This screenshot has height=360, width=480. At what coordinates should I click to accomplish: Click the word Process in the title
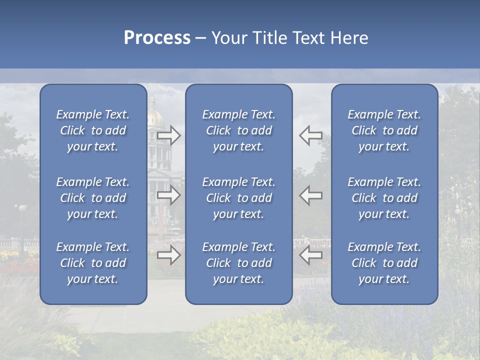157,38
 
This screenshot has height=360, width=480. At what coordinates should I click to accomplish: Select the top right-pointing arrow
169,135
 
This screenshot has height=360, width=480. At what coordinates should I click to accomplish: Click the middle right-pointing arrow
169,195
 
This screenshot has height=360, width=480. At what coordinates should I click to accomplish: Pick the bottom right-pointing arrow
169,255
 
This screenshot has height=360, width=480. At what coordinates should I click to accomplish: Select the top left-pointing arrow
311,135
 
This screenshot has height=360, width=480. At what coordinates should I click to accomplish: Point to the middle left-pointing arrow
311,195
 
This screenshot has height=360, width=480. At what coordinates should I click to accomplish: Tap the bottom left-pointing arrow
311,255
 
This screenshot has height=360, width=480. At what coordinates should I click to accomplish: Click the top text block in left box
93,130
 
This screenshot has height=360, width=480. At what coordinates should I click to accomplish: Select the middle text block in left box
93,198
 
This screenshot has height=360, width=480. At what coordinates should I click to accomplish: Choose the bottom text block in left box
93,263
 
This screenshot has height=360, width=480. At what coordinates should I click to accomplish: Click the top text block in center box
238,130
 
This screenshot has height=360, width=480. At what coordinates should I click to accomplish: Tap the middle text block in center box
238,198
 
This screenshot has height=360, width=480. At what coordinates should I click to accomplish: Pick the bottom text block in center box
238,263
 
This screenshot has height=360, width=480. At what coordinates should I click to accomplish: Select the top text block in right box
384,130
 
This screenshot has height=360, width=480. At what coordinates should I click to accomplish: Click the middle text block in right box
384,198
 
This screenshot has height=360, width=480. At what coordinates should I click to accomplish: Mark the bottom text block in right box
384,263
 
